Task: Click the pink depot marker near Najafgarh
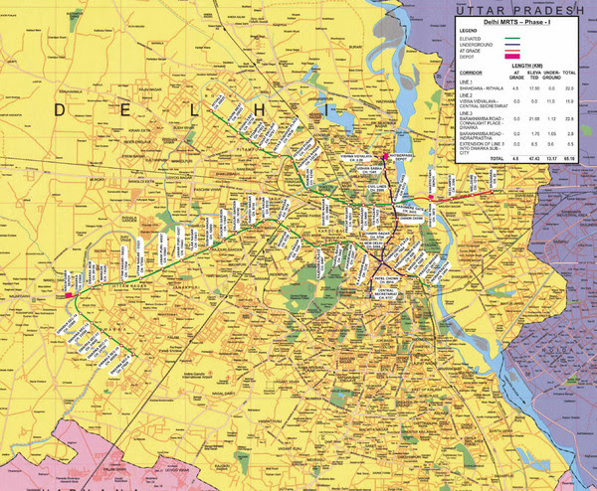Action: pos(69,294)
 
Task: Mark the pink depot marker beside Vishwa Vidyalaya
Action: pos(384,156)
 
